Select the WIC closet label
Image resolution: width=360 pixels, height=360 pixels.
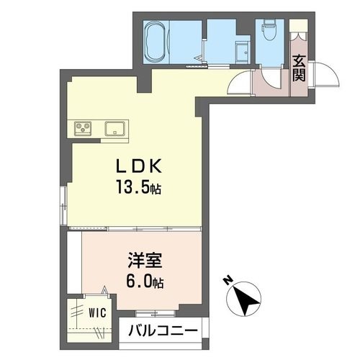click(x=96, y=313)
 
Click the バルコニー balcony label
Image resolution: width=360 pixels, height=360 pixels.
click(x=163, y=332)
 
